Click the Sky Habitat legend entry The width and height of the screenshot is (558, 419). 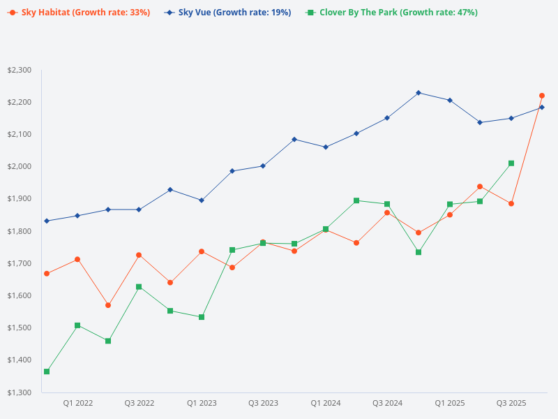[x=78, y=13]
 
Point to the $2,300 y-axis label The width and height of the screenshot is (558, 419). [x=19, y=70]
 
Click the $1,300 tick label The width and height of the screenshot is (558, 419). [x=19, y=392]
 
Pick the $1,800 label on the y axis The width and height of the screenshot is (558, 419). [x=19, y=231]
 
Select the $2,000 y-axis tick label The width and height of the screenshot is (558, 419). [x=19, y=166]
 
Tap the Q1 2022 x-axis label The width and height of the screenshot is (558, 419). [x=77, y=404]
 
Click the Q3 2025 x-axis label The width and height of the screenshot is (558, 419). [x=511, y=404]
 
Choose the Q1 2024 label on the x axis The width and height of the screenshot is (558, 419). [x=325, y=404]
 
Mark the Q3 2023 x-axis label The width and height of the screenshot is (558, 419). [x=263, y=404]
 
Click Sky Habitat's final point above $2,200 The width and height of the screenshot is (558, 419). [x=542, y=96]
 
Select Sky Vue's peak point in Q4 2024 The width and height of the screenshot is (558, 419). [x=418, y=93]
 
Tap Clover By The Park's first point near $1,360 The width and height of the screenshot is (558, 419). [x=47, y=372]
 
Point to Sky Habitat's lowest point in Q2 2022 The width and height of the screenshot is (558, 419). [x=108, y=305]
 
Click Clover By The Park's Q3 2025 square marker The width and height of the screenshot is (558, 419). [x=511, y=163]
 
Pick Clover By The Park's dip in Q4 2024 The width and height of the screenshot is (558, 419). [x=418, y=252]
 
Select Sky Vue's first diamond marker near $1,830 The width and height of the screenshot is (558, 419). [x=47, y=221]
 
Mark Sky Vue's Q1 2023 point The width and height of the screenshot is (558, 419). [x=202, y=200]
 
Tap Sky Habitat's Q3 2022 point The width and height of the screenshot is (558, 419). [x=139, y=255]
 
